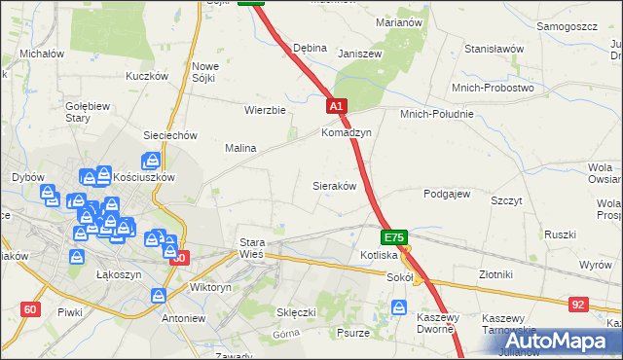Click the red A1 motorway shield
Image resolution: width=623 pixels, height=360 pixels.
coord(336,105)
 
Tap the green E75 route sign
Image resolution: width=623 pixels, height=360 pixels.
coord(394,236)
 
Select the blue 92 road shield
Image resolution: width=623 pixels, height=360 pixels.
coord(578,305)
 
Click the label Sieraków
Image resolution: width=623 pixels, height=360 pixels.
coord(333,185)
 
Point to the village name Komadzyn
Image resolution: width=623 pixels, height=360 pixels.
coord(347,132)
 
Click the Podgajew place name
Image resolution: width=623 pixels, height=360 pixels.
coord(447,194)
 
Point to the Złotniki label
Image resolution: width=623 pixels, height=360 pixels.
coord(497,275)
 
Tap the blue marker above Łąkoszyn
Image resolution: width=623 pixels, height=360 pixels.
coord(77,258)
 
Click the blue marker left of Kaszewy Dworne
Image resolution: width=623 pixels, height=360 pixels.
coord(399,307)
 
